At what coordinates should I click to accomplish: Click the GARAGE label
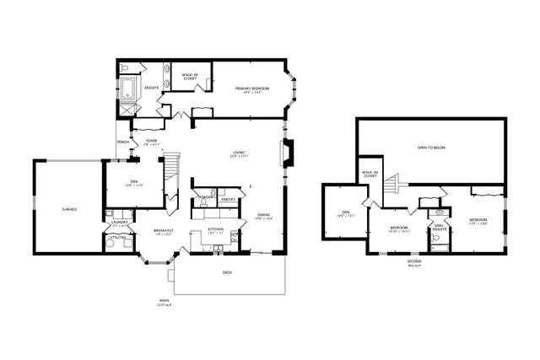coord(69,208)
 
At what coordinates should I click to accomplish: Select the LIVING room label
coord(239,153)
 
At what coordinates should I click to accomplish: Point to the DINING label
coord(264,215)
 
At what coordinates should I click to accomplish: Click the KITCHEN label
coord(215,229)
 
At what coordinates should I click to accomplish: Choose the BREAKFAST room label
coord(163,230)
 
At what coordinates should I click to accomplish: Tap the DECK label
coord(227,272)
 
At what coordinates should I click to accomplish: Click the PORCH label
coord(123,142)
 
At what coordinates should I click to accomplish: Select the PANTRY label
coord(227,200)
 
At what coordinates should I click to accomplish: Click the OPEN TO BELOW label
coord(432,148)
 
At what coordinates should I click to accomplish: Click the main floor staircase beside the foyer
coord(171,166)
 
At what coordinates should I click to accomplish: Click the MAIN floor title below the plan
coord(164,300)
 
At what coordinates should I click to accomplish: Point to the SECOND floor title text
coord(413,261)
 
